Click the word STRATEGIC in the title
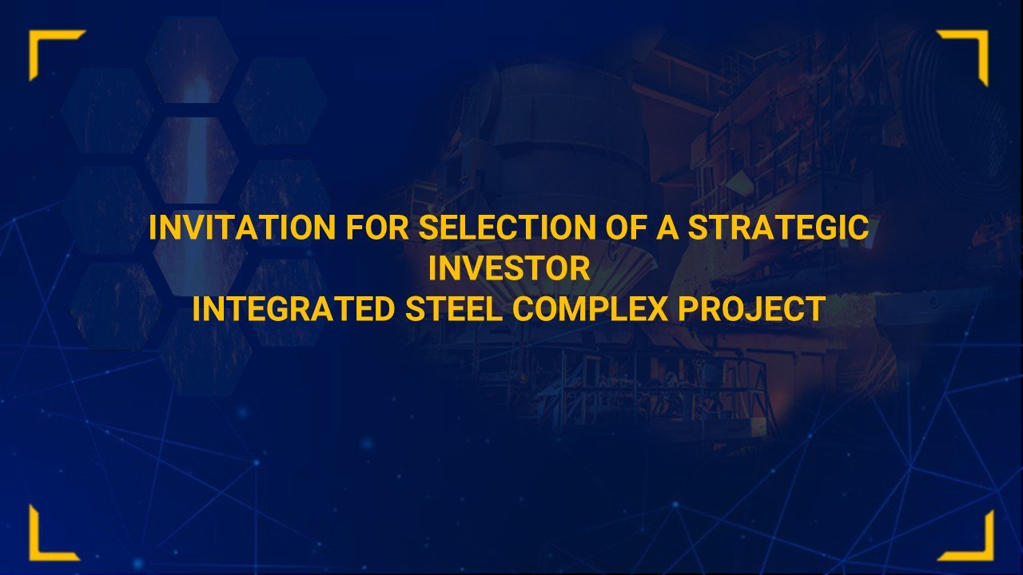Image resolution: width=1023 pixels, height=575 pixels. point(778,228)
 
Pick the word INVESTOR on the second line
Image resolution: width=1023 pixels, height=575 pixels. point(509,269)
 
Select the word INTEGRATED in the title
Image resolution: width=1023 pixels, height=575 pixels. point(294,309)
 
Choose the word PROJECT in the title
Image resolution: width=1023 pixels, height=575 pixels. point(751,309)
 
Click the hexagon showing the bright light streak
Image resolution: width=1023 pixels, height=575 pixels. point(192,160)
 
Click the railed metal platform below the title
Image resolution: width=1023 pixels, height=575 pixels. point(639,391)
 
